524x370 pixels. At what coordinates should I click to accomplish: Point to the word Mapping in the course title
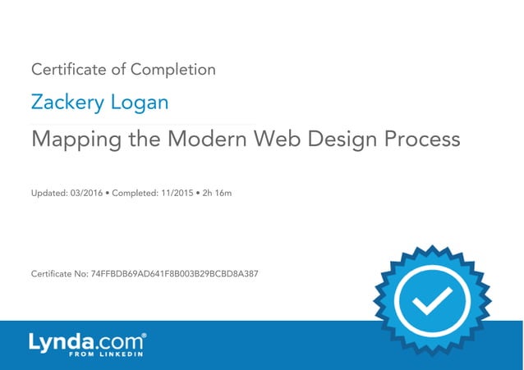pos(73,139)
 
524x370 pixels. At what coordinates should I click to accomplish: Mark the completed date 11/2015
pos(175,194)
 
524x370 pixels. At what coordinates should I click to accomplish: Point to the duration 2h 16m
pos(218,194)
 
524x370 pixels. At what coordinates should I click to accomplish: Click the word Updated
pos(46,194)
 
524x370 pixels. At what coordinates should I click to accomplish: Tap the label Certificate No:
pos(59,272)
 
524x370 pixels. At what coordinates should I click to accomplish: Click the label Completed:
pos(133,194)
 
